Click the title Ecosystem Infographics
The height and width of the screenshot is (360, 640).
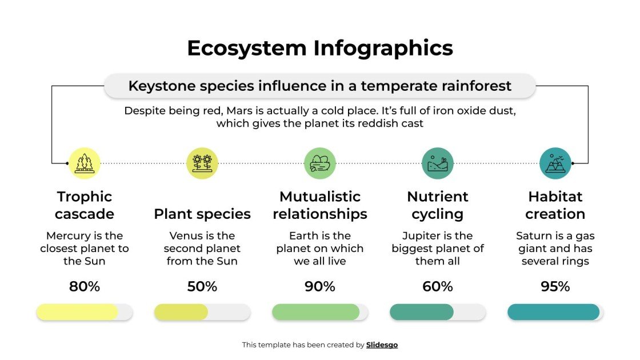319,48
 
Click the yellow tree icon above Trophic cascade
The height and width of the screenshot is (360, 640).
85,163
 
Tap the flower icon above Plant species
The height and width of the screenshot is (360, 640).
202,163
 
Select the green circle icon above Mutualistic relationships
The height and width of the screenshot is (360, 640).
320,163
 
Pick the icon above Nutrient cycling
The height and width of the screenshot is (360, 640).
438,163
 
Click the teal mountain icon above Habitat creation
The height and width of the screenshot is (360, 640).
555,163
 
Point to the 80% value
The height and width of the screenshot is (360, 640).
85,286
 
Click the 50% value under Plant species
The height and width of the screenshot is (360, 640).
202,286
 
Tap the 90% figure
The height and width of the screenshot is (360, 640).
320,286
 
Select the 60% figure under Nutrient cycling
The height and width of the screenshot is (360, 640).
438,286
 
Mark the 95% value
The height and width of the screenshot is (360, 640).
555,286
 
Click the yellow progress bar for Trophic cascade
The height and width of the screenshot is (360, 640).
77,312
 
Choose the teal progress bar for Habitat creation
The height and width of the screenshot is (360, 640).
553,312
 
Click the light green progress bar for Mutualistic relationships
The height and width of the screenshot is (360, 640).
315,312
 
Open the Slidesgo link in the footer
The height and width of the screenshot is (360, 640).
382,345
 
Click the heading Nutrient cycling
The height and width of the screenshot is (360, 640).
438,205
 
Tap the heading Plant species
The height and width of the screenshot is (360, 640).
202,214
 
